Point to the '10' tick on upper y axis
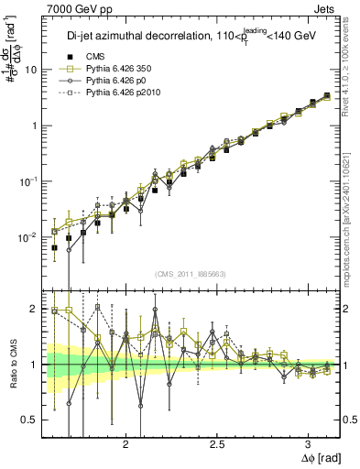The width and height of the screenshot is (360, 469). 32,70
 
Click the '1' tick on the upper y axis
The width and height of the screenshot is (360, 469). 35,125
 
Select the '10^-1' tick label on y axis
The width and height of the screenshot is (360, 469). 30,180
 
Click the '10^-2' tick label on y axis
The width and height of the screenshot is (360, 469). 30,236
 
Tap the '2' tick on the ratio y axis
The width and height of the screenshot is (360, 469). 36,310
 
